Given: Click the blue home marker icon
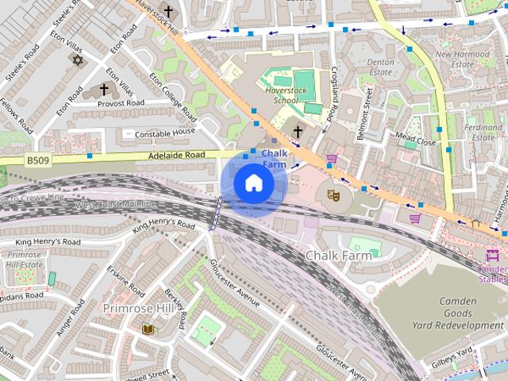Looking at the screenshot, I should pos(253,183).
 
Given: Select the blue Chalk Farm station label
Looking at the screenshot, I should pos(274,158).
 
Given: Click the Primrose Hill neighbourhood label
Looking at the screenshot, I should pos(135,307).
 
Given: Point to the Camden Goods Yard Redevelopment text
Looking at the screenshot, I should pos(459,314).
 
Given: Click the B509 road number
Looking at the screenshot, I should pos(37,160).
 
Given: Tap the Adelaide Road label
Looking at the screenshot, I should pos(176,155).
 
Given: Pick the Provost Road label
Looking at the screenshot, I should pos(121,103).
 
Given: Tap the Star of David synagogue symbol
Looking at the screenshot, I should pos(77,60).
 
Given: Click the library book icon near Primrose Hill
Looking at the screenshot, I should pos(147,329).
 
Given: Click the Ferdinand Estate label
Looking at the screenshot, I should pos(483,132).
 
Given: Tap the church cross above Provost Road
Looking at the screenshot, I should pos(104,90).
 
